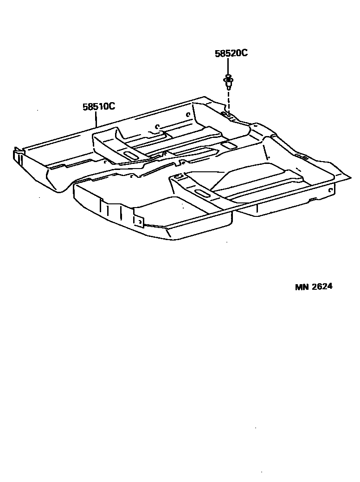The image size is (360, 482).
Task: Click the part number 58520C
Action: (x=231, y=53)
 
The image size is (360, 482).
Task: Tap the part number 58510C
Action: (x=99, y=106)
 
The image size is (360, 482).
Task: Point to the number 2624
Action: (x=322, y=287)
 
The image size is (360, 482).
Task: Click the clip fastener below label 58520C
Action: (x=228, y=82)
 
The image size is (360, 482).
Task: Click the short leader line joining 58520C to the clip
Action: (x=228, y=66)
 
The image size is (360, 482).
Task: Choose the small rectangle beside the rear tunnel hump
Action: (x=228, y=145)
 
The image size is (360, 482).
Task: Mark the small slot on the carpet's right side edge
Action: (x=303, y=158)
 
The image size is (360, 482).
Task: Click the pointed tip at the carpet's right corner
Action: (x=349, y=176)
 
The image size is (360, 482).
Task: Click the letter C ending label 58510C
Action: (x=112, y=106)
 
